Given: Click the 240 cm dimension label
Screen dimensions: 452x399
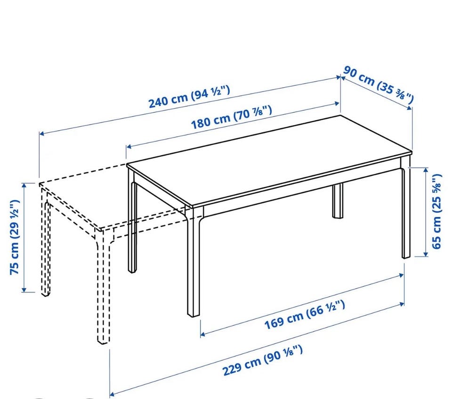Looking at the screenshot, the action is coord(189,96).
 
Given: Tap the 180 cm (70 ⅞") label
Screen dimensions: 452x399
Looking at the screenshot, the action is coord(232,117).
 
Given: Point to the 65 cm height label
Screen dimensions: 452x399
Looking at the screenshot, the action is coord(436,211).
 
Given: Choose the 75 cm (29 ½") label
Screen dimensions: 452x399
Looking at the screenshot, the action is coord(15,237).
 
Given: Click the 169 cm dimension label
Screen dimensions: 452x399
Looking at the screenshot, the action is coord(305,315).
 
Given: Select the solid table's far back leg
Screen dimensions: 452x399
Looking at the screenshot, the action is coord(338,200).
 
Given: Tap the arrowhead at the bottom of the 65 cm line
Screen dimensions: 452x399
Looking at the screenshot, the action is coord(426,253).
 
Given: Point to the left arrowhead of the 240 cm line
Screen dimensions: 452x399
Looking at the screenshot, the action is coord(42,133).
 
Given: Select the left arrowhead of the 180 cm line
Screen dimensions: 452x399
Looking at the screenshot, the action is coord(129,147).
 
